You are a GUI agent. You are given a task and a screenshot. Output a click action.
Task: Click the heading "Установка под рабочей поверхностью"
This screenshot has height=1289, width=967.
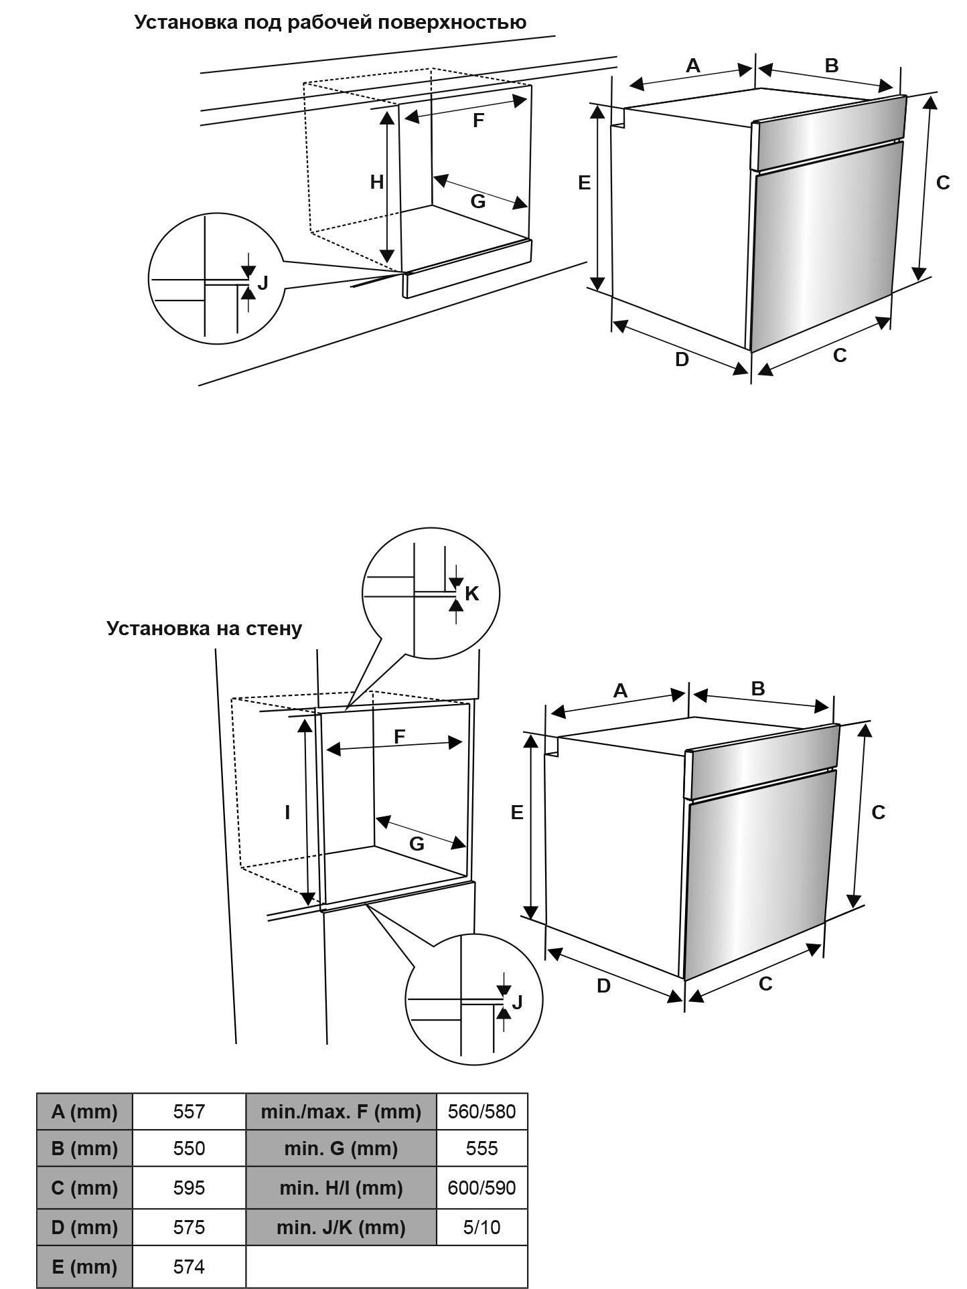click(330, 23)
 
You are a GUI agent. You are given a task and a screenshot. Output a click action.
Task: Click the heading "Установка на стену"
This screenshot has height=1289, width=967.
click(204, 628)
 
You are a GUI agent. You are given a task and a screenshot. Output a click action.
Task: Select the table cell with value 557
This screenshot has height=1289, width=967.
click(189, 1112)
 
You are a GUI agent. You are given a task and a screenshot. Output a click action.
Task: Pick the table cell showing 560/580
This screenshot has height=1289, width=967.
click(481, 1112)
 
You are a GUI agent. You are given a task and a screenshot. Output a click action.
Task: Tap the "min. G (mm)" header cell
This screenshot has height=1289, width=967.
click(341, 1148)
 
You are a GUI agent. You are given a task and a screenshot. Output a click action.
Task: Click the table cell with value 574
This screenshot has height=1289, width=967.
click(189, 1266)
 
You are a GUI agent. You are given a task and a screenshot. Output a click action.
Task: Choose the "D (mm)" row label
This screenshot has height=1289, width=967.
click(84, 1227)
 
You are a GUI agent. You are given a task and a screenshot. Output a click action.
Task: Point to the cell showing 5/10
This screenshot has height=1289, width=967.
click(481, 1227)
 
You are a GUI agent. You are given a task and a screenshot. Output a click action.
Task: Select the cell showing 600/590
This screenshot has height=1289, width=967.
click(481, 1188)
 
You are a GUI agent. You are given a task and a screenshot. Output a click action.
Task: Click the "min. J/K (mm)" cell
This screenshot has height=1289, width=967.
click(341, 1227)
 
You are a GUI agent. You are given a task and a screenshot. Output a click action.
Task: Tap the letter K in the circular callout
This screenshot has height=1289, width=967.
click(472, 593)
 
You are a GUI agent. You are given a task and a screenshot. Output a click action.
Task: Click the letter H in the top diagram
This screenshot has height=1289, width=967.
click(377, 181)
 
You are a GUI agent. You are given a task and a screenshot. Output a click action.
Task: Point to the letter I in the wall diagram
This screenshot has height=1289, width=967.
click(287, 812)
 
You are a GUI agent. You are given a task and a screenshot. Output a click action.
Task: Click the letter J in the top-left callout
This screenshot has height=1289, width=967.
click(263, 282)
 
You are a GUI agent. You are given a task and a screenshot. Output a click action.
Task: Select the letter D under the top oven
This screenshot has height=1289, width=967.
click(682, 359)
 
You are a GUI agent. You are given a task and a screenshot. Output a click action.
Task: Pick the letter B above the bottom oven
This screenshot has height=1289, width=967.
click(757, 688)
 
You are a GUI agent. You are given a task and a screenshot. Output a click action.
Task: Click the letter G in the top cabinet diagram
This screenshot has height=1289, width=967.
click(477, 201)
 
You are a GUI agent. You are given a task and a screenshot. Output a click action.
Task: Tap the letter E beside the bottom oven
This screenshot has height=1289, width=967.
click(517, 812)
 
